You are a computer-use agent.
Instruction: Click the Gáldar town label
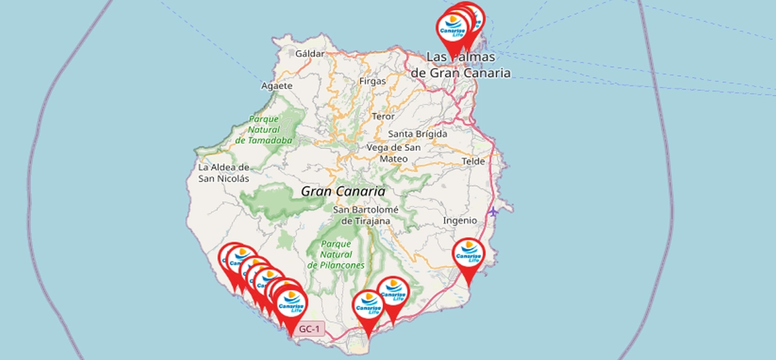(x=309, y=54)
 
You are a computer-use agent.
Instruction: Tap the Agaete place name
(x=277, y=85)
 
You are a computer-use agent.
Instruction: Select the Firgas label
(x=372, y=81)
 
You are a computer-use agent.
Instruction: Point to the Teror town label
(x=383, y=116)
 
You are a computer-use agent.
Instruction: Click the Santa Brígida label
(x=417, y=134)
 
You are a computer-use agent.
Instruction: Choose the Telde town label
(x=473, y=161)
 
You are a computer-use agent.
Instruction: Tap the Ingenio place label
(x=459, y=220)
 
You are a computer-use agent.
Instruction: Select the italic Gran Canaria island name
(x=342, y=191)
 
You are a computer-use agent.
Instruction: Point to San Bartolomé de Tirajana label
(x=366, y=215)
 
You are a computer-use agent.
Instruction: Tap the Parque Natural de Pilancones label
(x=335, y=254)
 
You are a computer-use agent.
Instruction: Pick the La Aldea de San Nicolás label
(x=224, y=173)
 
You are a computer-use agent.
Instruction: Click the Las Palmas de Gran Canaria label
(x=461, y=65)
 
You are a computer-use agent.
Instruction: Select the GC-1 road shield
(x=309, y=330)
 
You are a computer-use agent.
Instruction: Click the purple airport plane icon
(x=494, y=211)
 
